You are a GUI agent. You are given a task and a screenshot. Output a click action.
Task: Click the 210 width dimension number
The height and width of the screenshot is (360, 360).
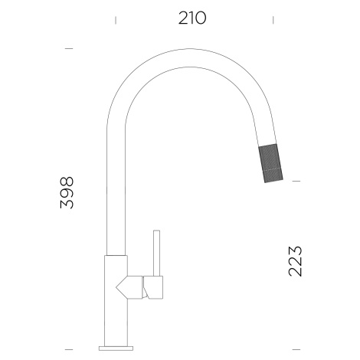(192, 18)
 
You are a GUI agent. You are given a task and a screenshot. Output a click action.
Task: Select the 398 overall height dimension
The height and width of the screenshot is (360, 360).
(67, 192)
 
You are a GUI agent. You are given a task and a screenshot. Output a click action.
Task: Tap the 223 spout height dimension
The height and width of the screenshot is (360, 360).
(295, 261)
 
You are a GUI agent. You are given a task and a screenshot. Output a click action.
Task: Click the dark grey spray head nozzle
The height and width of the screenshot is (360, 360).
(270, 163)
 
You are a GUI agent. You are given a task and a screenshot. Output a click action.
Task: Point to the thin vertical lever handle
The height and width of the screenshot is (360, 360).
(156, 253)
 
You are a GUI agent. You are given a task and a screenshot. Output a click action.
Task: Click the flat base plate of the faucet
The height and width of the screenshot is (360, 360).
(116, 349)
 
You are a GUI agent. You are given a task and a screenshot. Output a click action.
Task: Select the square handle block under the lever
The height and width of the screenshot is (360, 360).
(153, 287)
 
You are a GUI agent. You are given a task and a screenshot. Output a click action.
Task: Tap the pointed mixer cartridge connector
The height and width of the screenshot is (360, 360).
(129, 287)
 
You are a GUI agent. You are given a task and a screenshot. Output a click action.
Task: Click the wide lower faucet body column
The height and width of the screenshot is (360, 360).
(116, 301)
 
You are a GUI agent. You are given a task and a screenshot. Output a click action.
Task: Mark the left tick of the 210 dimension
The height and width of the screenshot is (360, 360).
(116, 20)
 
